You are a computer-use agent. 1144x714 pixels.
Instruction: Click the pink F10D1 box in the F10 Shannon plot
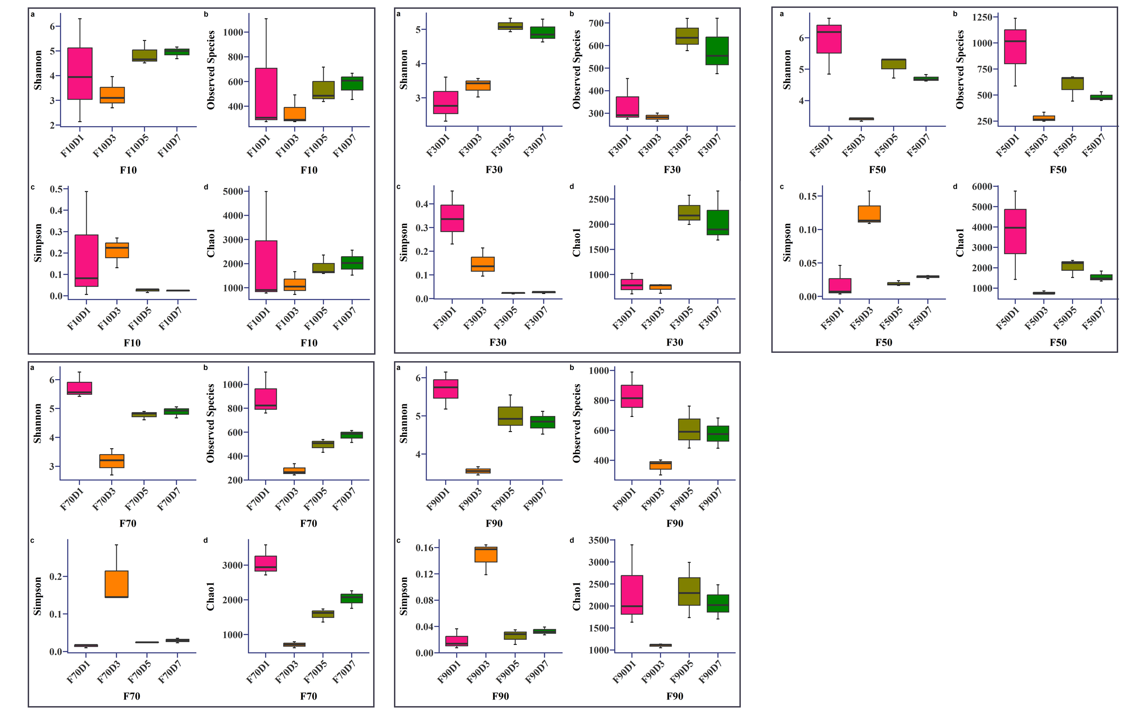tap(80, 73)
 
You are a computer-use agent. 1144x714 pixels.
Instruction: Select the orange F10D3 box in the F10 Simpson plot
tap(117, 250)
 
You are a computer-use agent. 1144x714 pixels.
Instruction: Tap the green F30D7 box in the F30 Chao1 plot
tap(718, 222)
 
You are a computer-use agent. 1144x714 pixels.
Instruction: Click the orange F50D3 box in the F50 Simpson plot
tap(869, 214)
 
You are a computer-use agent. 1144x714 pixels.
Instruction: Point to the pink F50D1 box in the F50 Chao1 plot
tap(1015, 231)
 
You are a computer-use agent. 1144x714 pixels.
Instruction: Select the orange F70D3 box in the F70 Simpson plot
tap(116, 584)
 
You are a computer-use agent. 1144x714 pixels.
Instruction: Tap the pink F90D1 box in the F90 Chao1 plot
tap(632, 595)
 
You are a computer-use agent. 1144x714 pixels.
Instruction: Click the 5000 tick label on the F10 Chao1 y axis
tap(232, 191)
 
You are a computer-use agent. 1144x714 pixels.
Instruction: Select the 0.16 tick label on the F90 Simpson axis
tap(424, 548)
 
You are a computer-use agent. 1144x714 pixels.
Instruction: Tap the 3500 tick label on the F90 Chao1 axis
tap(598, 540)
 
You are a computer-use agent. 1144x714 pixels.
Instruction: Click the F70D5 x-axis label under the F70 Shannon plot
tap(137, 499)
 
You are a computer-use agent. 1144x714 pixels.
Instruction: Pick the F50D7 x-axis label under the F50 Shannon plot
tap(918, 146)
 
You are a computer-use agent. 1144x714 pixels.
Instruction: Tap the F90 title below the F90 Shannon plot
tap(494, 523)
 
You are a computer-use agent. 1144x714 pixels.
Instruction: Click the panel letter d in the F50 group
tap(955, 187)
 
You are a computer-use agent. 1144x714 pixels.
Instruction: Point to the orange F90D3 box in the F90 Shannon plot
tap(478, 471)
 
